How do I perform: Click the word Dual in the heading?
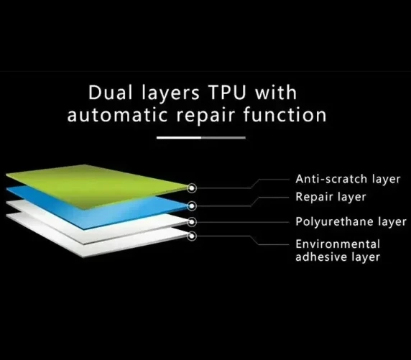pyautogui.click(x=110, y=93)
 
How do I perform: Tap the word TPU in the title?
pyautogui.click(x=227, y=93)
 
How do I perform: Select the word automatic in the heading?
pyautogui.click(x=117, y=116)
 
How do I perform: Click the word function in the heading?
pyautogui.click(x=285, y=115)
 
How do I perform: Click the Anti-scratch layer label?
pyautogui.click(x=348, y=179)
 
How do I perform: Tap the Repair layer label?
pyautogui.click(x=331, y=197)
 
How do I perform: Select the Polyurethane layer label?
pyautogui.click(x=351, y=222)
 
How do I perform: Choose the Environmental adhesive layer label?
pyautogui.click(x=338, y=251)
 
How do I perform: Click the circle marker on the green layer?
pyautogui.click(x=192, y=188)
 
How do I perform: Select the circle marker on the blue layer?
pyautogui.click(x=192, y=206)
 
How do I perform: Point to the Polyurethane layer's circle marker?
pyautogui.click(x=192, y=222)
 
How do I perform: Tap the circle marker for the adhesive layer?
pyautogui.click(x=192, y=236)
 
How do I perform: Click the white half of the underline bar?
pyautogui.click(x=179, y=137)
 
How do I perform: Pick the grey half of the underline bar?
pyautogui.click(x=223, y=137)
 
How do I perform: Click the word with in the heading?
pyautogui.click(x=276, y=92)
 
